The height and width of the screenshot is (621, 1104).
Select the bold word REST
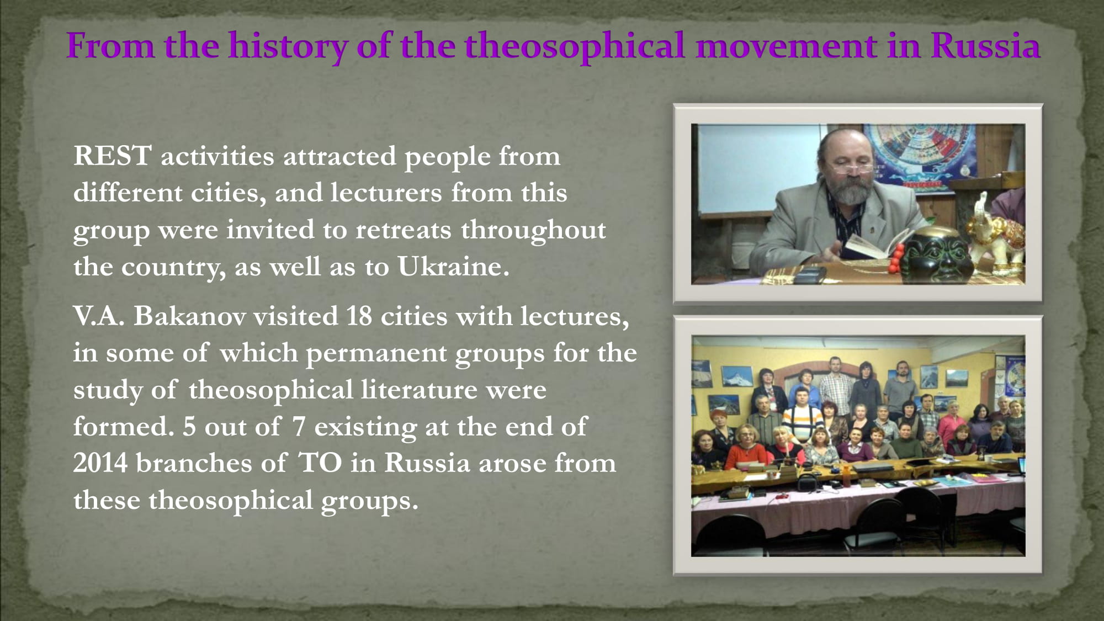tap(112, 156)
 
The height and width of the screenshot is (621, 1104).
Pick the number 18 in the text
tap(359, 316)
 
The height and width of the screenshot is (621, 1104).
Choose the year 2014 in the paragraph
tap(100, 463)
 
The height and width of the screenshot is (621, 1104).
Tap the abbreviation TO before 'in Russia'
tap(320, 463)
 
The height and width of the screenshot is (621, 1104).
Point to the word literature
tap(419, 390)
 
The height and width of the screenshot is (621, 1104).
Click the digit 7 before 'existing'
tap(299, 427)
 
